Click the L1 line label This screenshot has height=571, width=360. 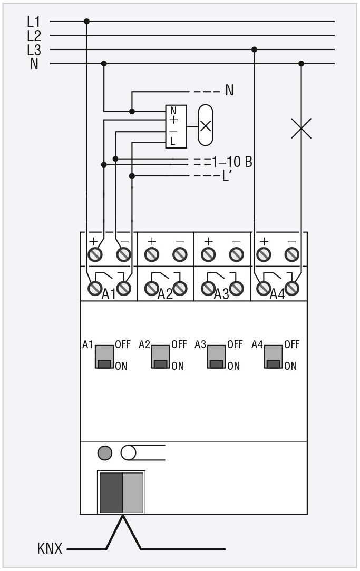[34, 22]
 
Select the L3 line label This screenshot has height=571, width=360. [34, 50]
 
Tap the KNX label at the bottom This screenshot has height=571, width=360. [50, 548]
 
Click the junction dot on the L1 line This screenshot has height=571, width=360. [87, 22]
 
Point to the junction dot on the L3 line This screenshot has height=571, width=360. [255, 50]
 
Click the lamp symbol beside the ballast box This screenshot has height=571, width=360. [206, 125]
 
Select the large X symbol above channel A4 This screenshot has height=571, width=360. [301, 128]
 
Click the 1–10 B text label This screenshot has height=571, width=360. [232, 162]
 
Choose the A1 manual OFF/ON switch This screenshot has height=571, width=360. [104, 357]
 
